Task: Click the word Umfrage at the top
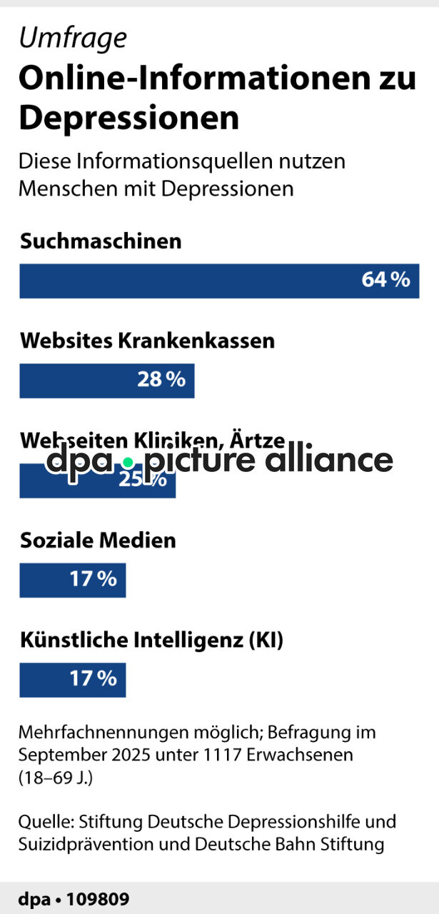click(x=73, y=38)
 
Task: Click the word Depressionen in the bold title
click(x=128, y=118)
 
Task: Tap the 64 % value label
click(x=385, y=280)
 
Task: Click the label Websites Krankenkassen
click(x=147, y=341)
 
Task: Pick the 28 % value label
click(x=161, y=379)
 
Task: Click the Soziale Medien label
click(x=98, y=541)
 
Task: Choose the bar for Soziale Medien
click(x=43, y=580)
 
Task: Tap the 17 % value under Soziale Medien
click(x=93, y=579)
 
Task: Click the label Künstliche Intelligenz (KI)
click(x=151, y=641)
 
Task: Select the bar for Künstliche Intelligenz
click(x=43, y=680)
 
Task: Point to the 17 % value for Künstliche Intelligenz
click(x=93, y=679)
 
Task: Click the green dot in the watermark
click(x=128, y=463)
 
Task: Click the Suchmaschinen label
click(x=101, y=241)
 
